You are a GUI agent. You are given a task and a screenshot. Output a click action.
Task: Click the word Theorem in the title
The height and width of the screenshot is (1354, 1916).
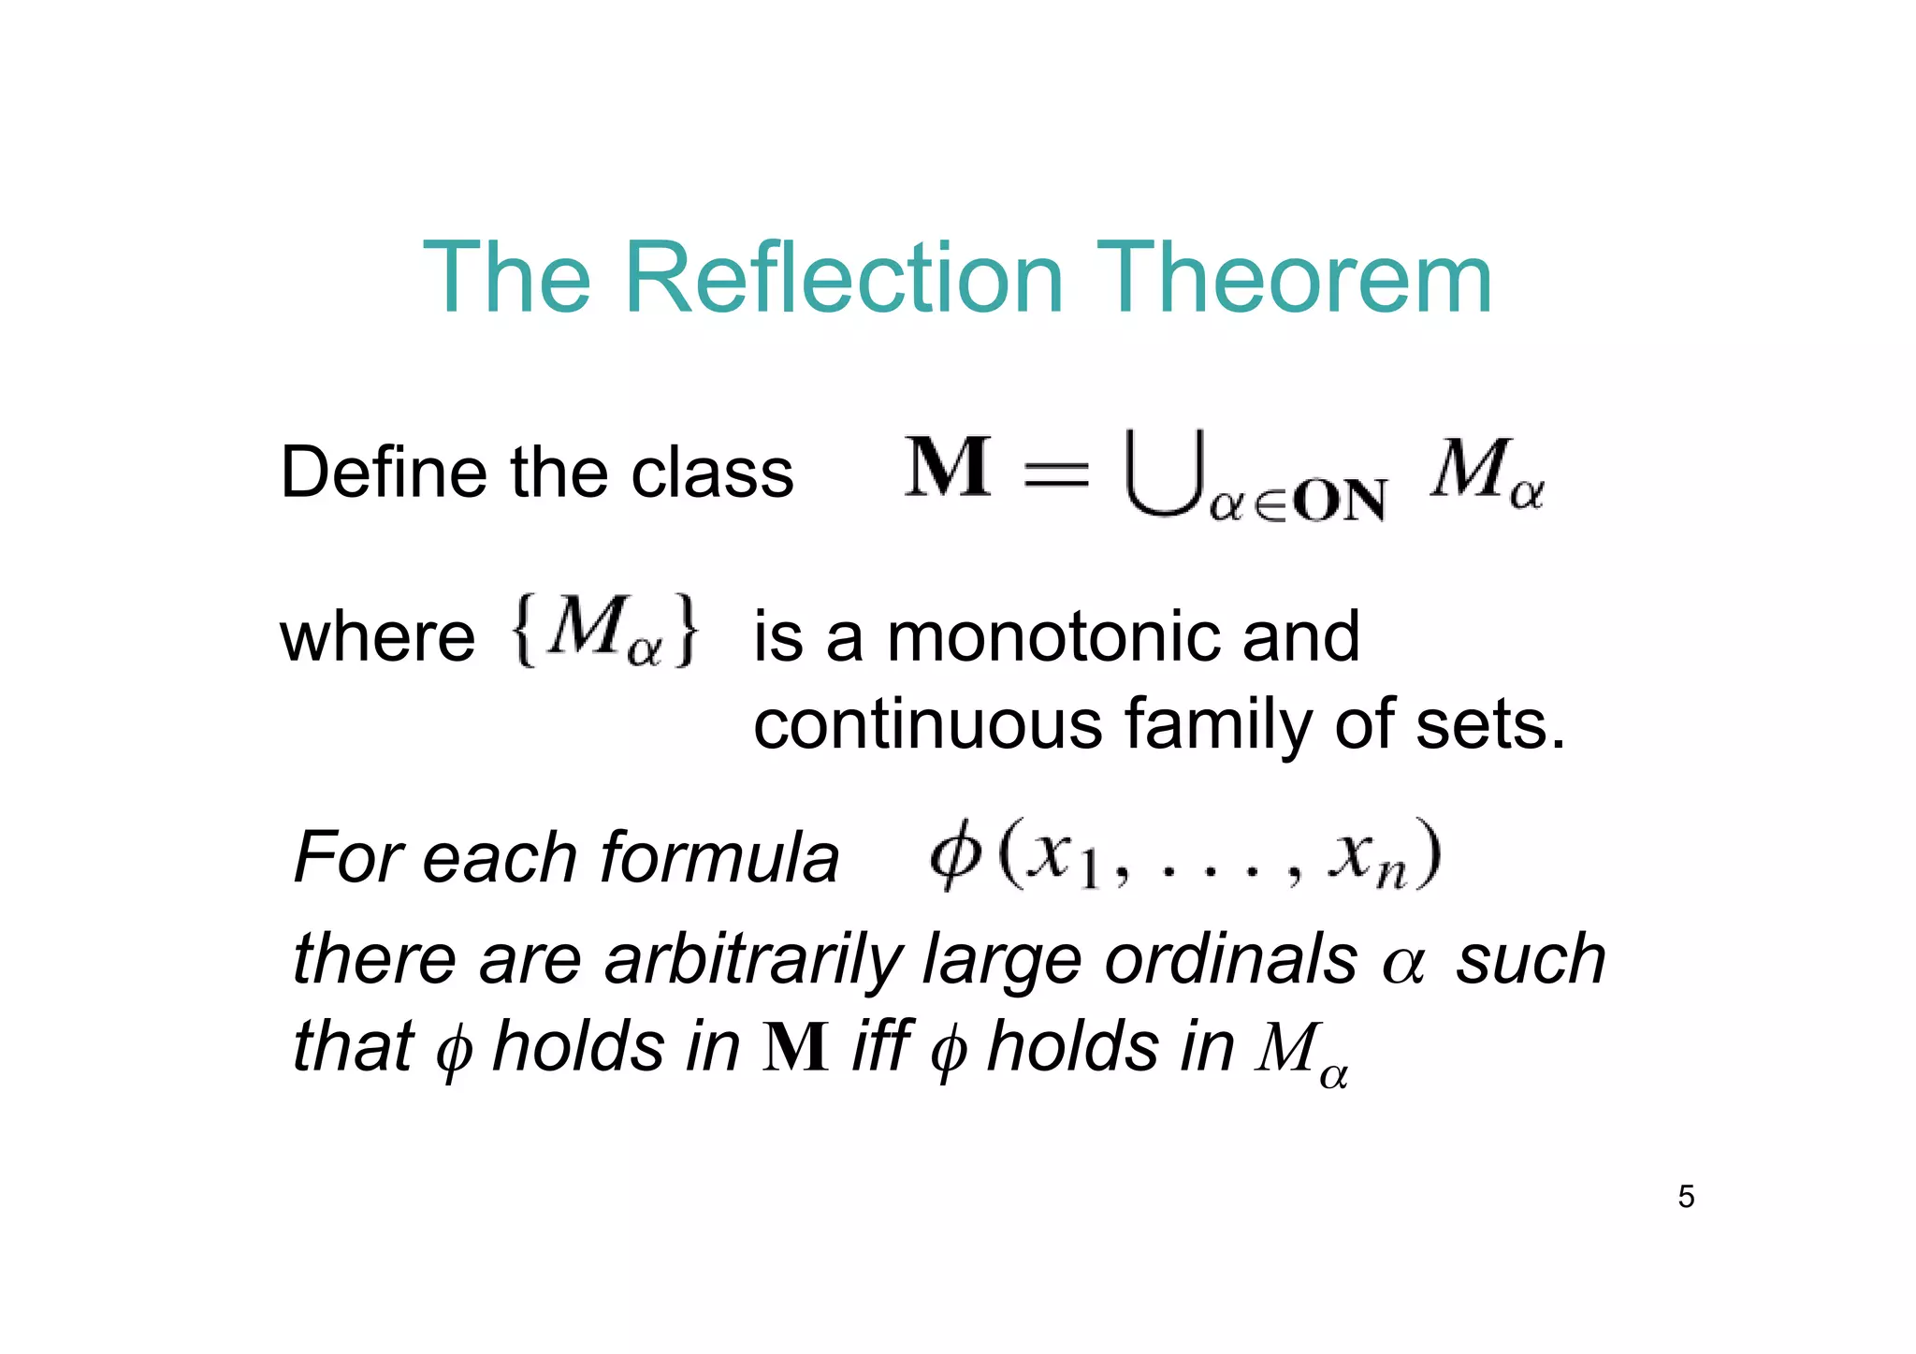point(1294,278)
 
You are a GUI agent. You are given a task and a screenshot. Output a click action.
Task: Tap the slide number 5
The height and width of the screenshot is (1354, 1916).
point(1686,1197)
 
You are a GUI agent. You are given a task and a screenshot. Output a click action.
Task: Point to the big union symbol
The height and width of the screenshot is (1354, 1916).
point(1163,473)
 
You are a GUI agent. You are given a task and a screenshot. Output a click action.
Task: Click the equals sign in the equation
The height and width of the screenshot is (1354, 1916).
point(1057,473)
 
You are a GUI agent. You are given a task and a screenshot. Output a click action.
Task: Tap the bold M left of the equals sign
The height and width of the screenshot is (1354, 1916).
point(948,468)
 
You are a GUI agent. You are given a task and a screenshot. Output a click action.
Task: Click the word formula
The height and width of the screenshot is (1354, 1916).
point(719,857)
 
